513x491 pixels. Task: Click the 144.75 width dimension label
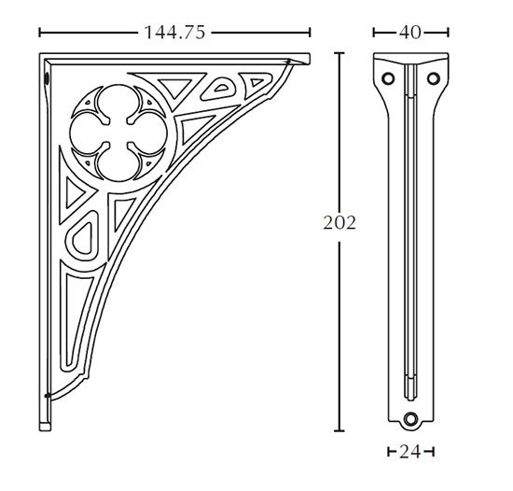point(174,33)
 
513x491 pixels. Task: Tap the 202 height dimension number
point(340,223)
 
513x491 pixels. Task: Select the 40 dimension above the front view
point(410,33)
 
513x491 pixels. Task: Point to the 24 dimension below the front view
point(410,452)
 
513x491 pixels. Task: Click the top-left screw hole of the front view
point(388,78)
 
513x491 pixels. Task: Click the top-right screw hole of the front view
point(434,78)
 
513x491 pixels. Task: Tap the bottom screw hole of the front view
point(411,419)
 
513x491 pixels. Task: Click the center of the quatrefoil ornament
point(118,133)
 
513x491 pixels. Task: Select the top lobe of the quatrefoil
point(118,102)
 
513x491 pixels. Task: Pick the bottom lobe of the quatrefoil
point(118,162)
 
